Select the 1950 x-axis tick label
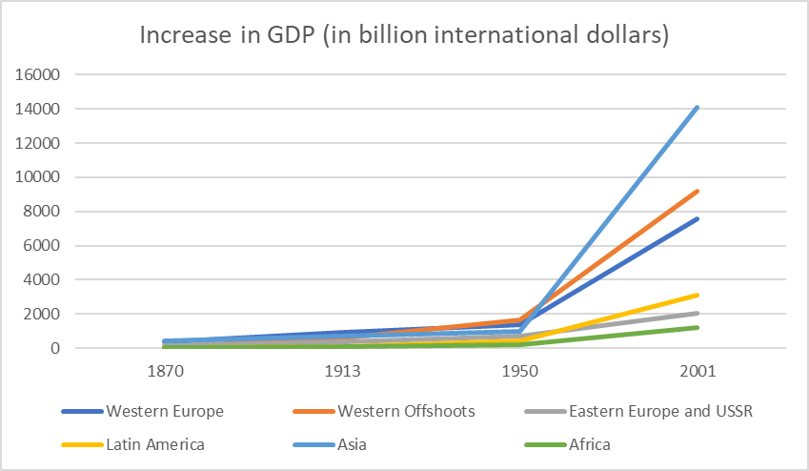pos(518,373)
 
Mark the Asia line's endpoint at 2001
pos(698,108)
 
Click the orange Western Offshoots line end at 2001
pos(698,192)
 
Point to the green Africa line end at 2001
pos(698,328)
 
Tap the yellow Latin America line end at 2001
pos(698,296)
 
